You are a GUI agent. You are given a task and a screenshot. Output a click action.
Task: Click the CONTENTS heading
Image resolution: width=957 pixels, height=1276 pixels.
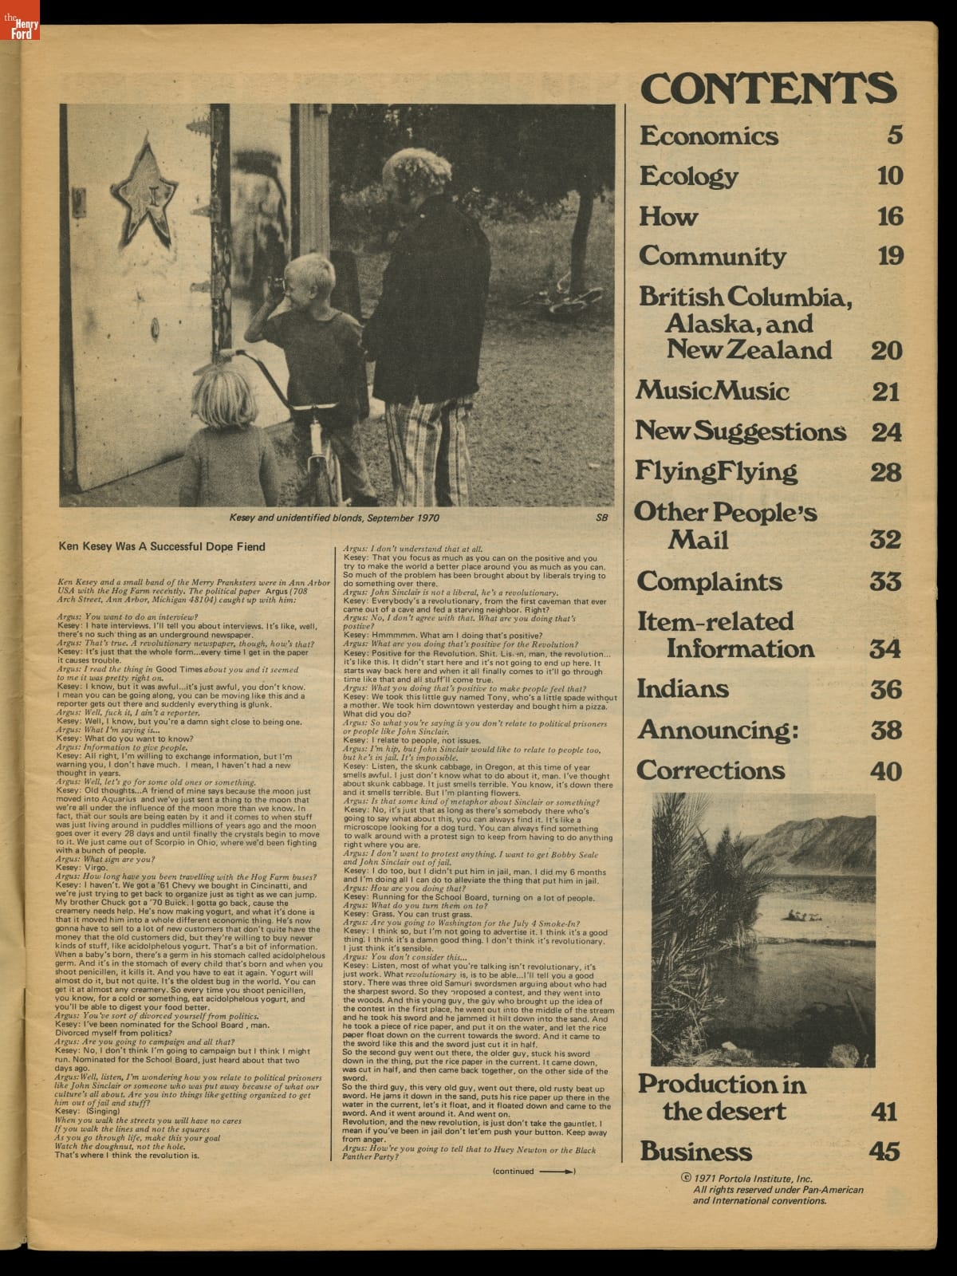click(769, 87)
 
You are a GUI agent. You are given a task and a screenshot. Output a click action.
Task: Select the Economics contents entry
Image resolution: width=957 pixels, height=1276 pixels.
click(708, 136)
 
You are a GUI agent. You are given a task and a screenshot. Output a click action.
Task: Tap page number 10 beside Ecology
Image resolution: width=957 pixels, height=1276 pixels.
click(889, 175)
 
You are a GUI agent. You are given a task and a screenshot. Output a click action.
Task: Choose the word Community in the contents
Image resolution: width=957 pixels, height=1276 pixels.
click(711, 256)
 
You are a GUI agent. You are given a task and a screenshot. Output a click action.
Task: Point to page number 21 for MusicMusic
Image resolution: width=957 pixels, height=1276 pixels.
click(885, 392)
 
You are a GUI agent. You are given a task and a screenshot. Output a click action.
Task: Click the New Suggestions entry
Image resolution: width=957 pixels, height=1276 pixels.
click(740, 431)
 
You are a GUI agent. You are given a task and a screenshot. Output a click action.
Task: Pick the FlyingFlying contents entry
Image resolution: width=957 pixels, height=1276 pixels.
click(715, 471)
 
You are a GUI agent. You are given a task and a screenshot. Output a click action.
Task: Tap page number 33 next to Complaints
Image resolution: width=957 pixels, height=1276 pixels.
click(884, 581)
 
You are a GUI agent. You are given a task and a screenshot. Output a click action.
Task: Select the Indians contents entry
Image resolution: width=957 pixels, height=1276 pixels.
click(683, 689)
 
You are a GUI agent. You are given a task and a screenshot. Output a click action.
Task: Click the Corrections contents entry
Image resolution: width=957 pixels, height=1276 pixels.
click(711, 770)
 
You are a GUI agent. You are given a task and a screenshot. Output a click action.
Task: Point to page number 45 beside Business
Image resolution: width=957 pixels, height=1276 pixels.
click(885, 1152)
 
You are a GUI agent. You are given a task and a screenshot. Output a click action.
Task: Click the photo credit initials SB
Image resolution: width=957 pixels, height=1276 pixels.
click(601, 517)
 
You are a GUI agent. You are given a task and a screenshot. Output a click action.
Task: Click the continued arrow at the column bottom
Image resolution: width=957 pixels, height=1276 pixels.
click(557, 1172)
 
